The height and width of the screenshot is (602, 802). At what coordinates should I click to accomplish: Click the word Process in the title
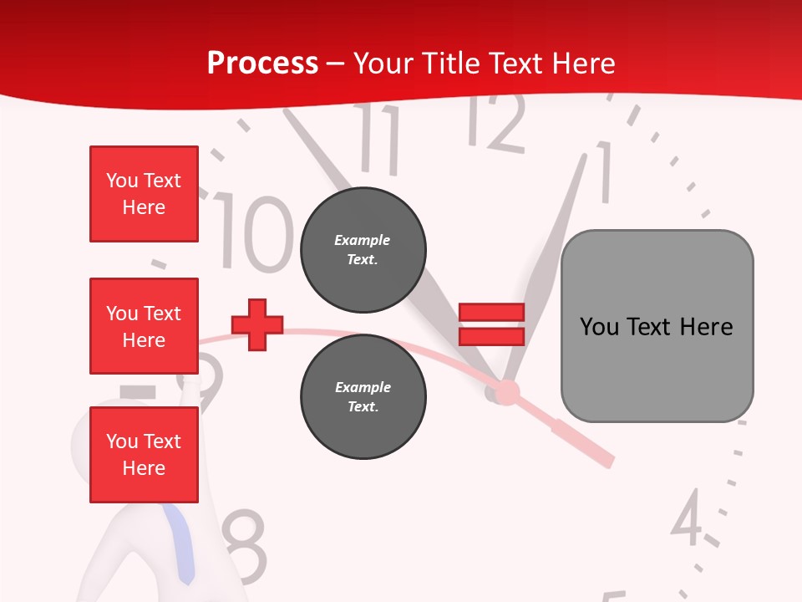[x=262, y=64]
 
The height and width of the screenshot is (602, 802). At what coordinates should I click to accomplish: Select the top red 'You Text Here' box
[x=144, y=194]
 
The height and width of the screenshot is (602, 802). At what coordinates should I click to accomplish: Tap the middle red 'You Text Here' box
[x=144, y=326]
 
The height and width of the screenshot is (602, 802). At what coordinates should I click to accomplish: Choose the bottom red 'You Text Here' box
[x=144, y=455]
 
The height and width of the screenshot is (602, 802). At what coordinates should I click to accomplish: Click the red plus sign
[x=257, y=324]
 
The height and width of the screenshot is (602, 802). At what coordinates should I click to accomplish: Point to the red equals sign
[x=491, y=324]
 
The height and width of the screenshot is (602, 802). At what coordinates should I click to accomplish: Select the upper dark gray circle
[x=363, y=249]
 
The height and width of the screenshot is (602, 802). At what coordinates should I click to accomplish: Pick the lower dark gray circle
[x=363, y=396]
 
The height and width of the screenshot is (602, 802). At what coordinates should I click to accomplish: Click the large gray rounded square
[x=657, y=326]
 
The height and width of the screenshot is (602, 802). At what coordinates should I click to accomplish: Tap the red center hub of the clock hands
[x=506, y=391]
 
